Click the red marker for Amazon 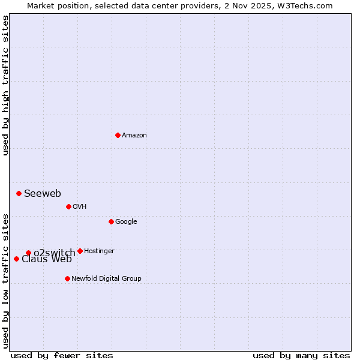click(118, 135)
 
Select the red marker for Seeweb click(19, 193)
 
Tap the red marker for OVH click(68, 206)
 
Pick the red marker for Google click(111, 221)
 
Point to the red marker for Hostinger click(80, 251)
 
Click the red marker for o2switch click(28, 253)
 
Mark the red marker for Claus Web click(16, 259)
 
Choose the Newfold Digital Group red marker click(67, 278)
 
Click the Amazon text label click(134, 136)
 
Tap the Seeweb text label click(43, 193)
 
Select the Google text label click(126, 222)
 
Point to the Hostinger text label click(99, 251)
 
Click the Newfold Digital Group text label click(106, 279)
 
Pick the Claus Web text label click(47, 260)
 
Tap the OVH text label click(80, 207)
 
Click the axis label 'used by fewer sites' click(62, 356)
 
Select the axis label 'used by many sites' click(301, 356)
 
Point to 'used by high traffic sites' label click(6, 85)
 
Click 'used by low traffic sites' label click(6, 280)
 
